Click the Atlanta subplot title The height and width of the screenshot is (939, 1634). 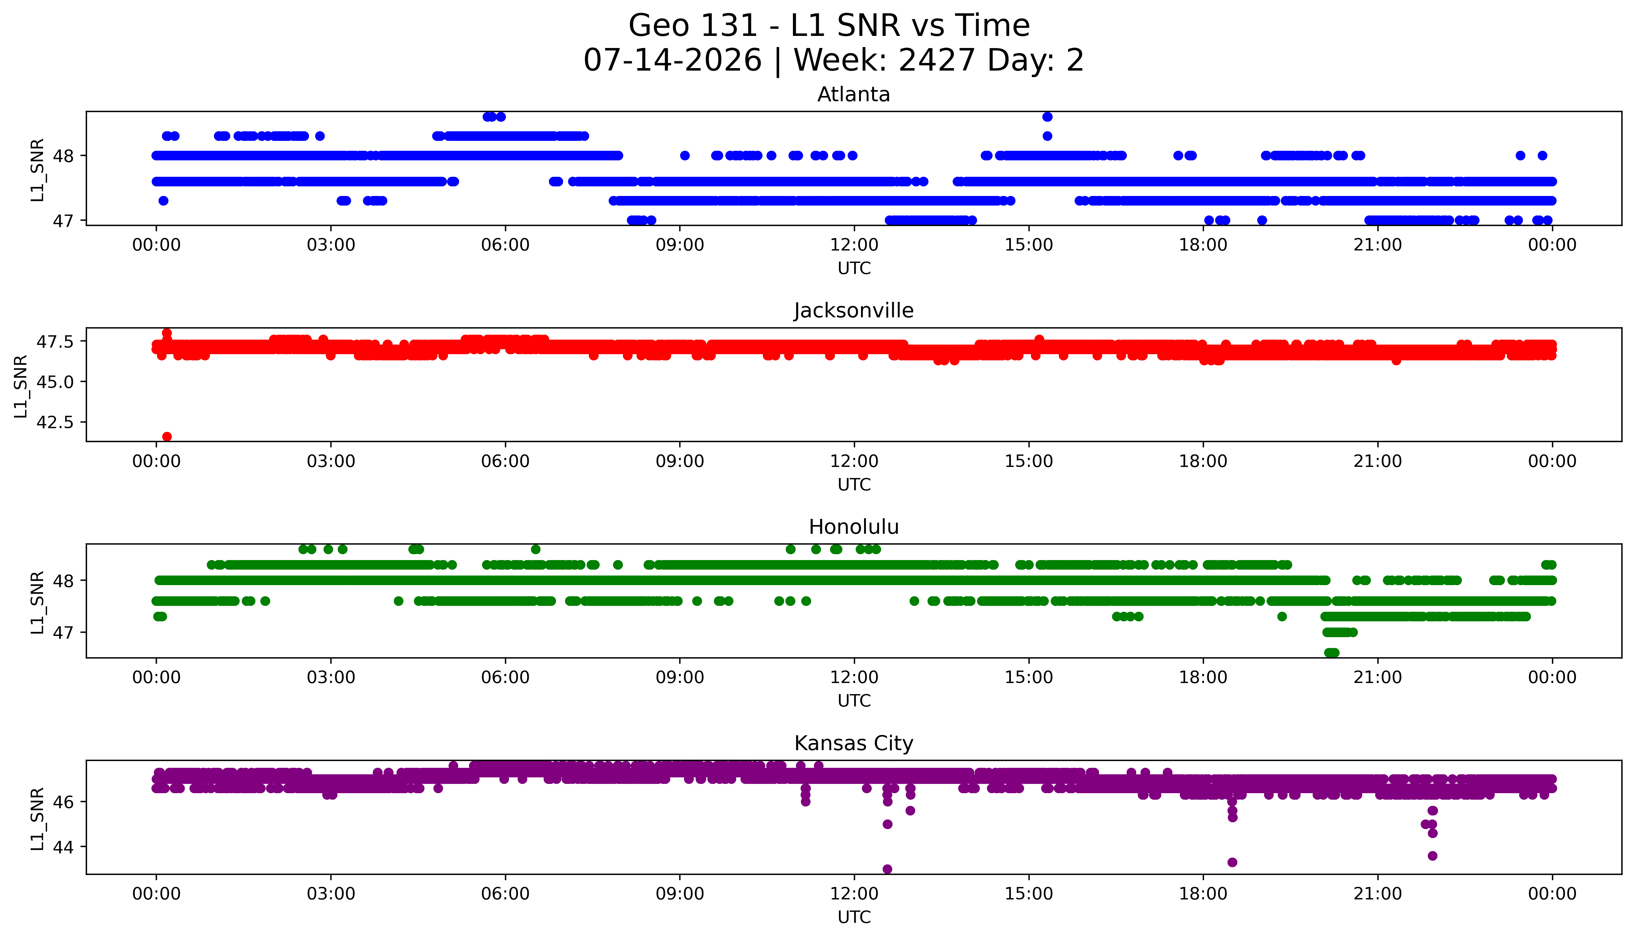click(x=854, y=95)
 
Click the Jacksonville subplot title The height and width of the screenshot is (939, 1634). click(x=854, y=311)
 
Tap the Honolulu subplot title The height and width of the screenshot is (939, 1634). click(x=854, y=527)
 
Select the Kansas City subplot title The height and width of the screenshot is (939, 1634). click(x=854, y=744)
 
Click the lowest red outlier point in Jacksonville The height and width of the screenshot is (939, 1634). click(x=167, y=437)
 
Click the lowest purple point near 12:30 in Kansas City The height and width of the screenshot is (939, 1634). click(x=887, y=869)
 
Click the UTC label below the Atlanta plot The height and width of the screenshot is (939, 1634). click(x=854, y=268)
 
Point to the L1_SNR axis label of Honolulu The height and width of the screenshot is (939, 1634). click(x=37, y=602)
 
